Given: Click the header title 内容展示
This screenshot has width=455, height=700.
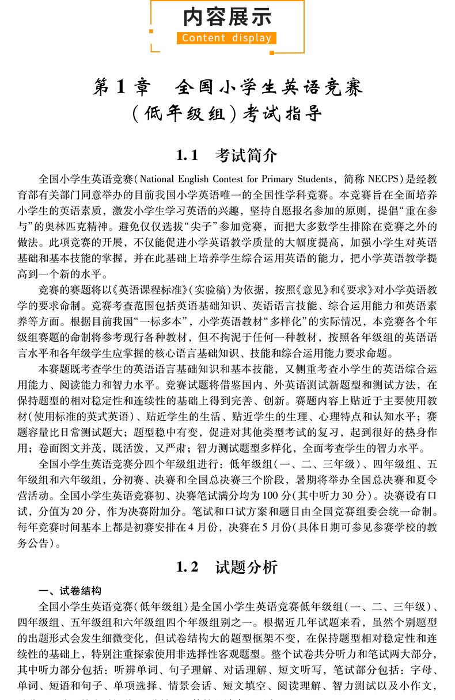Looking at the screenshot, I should tap(227, 17).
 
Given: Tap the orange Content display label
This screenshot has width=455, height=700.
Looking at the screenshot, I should tap(227, 39).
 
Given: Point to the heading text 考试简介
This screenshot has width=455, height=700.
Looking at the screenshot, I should tap(247, 155).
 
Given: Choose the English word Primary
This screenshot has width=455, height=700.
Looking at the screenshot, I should tap(280, 179).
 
